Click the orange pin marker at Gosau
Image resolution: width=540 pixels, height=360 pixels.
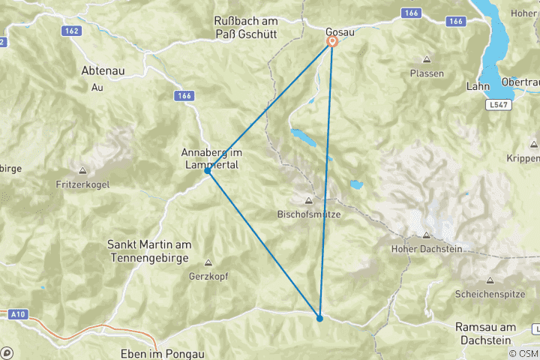point(332,42)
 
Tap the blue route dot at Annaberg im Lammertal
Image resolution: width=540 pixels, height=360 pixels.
point(208,171)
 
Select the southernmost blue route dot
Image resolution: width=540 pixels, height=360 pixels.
point(319,318)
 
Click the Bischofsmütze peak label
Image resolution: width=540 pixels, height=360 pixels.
point(309,214)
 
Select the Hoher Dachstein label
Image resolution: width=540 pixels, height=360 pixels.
point(426,248)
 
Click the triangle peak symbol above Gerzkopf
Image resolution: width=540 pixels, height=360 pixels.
point(208,262)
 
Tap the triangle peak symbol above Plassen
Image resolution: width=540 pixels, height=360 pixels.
point(427,60)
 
